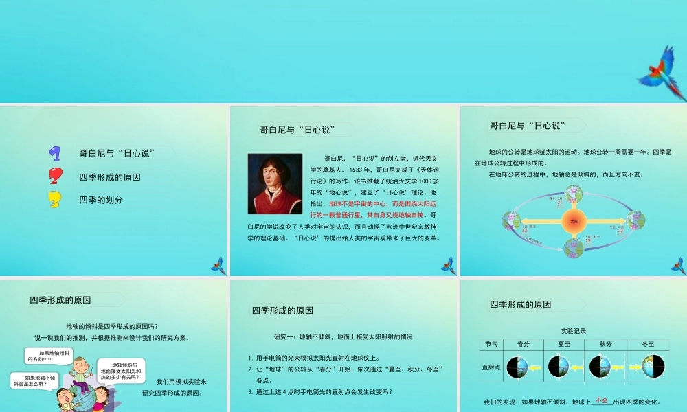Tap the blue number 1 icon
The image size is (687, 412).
tap(54, 153)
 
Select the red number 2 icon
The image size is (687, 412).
tap(55, 176)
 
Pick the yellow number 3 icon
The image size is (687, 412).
tap(55, 200)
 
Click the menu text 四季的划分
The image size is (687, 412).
tap(101, 200)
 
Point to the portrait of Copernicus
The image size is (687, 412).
tap(275, 183)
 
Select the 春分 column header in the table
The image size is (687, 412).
tap(523, 344)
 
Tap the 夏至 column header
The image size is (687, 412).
tap(565, 344)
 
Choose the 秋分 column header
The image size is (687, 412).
tap(605, 344)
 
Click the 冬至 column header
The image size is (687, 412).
tap(648, 344)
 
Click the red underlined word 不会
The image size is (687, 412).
tap(602, 400)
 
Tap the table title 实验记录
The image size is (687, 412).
tap(573, 331)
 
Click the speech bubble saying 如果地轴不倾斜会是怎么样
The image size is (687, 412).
tap(34, 380)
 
